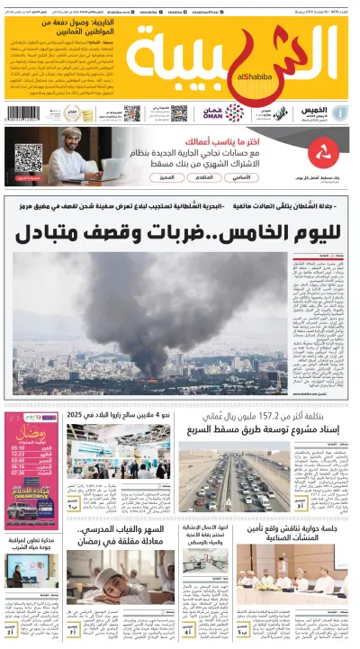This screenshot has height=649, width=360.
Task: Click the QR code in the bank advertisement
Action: click(x=28, y=158)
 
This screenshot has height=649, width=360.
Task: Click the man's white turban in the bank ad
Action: click(x=73, y=133)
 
